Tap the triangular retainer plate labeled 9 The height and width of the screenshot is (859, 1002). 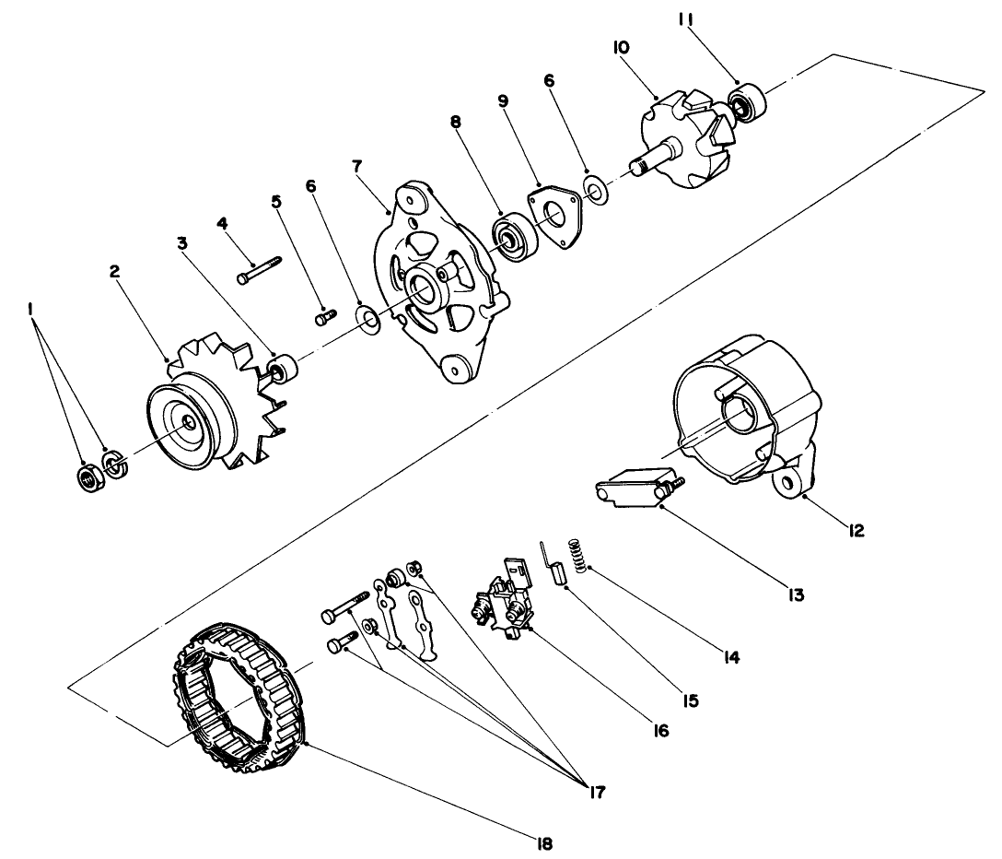pos(552,215)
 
